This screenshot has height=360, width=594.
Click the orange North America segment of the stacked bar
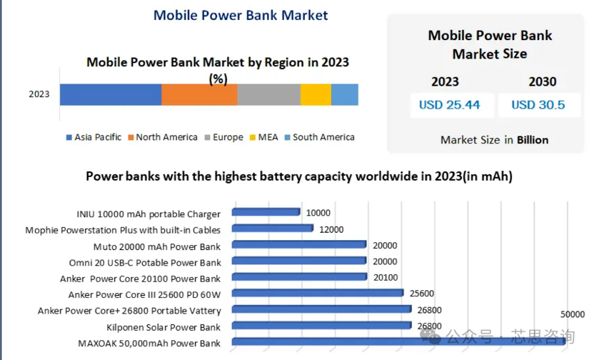tap(199, 94)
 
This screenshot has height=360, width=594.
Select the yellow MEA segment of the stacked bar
tap(316, 94)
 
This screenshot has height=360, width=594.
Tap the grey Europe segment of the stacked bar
tap(268, 94)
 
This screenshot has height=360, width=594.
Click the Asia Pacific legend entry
tap(94, 137)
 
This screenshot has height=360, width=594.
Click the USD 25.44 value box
tap(449, 105)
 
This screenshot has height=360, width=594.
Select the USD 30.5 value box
tap(538, 105)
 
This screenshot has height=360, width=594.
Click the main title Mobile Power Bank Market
tap(241, 15)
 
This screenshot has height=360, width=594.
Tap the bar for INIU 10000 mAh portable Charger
tap(267, 212)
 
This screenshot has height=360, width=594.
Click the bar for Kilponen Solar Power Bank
tap(323, 326)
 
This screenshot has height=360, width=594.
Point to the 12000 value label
tap(331, 229)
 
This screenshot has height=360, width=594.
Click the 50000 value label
tap(572, 314)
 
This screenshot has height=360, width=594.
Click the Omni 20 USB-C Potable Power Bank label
tap(145, 263)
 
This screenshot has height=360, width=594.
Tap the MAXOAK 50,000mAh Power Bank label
tap(149, 343)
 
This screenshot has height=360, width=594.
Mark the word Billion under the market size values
tap(533, 140)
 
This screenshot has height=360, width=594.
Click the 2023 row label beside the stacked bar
tap(39, 94)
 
